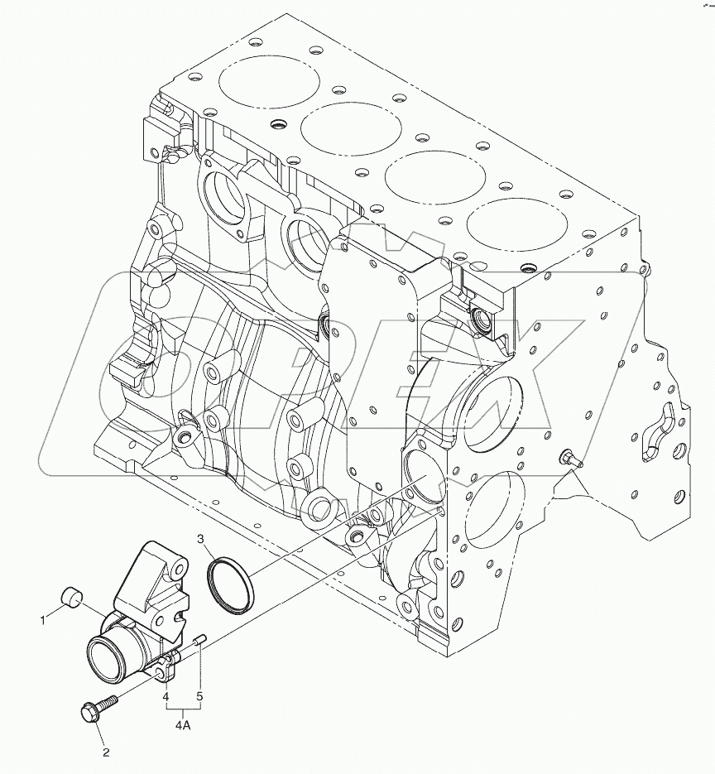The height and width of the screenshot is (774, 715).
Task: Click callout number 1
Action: pos(44,618)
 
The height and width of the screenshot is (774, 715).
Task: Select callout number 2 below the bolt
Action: pos(105,752)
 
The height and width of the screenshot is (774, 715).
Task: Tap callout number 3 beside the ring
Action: pos(201,540)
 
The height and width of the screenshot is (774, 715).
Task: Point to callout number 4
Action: pos(166,697)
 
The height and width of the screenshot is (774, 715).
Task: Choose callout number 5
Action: pos(199,697)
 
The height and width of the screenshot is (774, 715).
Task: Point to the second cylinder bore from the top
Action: pos(350,128)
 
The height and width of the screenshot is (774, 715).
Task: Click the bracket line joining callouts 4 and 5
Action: pos(182,710)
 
